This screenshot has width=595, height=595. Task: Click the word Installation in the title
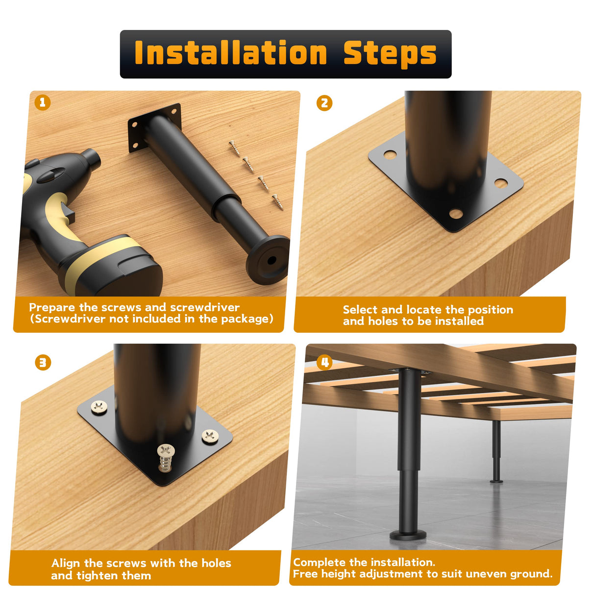[x=231, y=52]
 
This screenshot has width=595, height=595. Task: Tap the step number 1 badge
[x=43, y=102]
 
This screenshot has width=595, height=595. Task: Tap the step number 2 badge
[x=324, y=103]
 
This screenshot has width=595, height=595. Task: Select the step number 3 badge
[x=43, y=363]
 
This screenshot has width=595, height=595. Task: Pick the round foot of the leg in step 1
[x=268, y=259]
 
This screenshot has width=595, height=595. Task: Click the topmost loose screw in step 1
[x=235, y=148]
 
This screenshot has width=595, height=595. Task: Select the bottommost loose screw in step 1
[x=277, y=202]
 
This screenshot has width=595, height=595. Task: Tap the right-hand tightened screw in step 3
[x=210, y=436]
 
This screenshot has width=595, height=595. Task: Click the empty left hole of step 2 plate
[x=390, y=154]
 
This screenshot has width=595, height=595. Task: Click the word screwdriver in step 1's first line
[x=205, y=307]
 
